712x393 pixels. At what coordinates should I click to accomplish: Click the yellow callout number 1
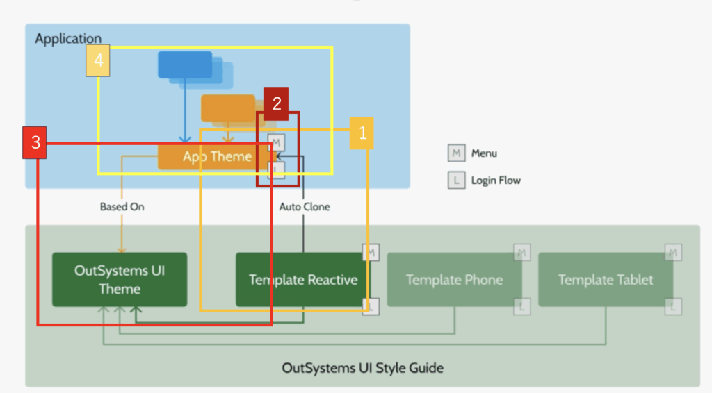pos(362,133)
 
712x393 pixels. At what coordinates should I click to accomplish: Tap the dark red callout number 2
pos(277,103)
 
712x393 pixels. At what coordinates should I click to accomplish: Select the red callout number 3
pos(35,142)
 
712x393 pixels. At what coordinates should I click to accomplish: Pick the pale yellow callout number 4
pos(98,61)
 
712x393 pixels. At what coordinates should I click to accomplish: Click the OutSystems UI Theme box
pos(120,279)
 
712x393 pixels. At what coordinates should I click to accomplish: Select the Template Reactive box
pos(302,280)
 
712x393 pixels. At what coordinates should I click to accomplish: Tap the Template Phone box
pos(454,280)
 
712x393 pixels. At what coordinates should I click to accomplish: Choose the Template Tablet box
pos(606,280)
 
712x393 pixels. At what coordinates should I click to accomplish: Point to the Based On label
pos(122,206)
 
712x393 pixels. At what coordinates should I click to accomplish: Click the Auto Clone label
pos(305,206)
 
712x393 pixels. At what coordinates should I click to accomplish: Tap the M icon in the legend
pos(456,153)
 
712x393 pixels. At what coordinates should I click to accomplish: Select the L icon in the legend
pos(456,181)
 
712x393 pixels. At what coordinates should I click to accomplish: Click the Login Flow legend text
pos(496,181)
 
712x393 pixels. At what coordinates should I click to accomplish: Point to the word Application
pos(68,39)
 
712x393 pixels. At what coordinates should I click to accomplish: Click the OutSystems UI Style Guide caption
pos(362,367)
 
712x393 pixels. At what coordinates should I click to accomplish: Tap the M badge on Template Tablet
pos(673,252)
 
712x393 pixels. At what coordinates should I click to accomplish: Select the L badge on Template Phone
pos(522,306)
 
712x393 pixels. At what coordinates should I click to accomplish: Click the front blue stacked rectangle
pos(185,65)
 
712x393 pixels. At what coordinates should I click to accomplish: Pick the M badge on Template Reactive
pos(371,252)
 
